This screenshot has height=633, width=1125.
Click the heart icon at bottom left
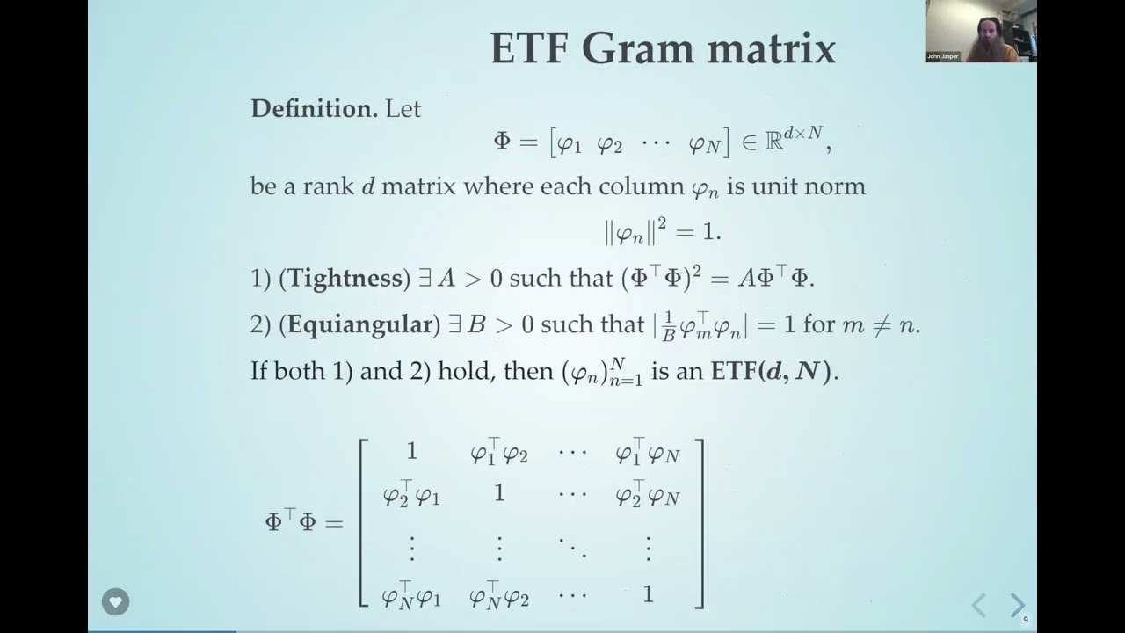(x=115, y=602)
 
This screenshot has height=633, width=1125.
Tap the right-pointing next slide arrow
(x=1017, y=605)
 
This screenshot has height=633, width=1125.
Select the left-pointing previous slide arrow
(x=979, y=605)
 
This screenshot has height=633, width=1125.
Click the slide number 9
(x=1026, y=620)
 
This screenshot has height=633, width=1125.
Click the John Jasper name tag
(x=942, y=56)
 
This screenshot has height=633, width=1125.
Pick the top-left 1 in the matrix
(x=411, y=452)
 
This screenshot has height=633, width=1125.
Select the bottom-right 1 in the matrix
(x=648, y=594)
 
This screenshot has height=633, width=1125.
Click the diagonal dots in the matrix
(x=572, y=548)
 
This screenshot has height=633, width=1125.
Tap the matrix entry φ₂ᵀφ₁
(x=411, y=497)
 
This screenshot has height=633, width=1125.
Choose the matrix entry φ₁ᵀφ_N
(x=648, y=453)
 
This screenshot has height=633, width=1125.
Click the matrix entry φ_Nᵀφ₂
(x=499, y=596)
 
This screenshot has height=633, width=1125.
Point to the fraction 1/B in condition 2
(x=669, y=325)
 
